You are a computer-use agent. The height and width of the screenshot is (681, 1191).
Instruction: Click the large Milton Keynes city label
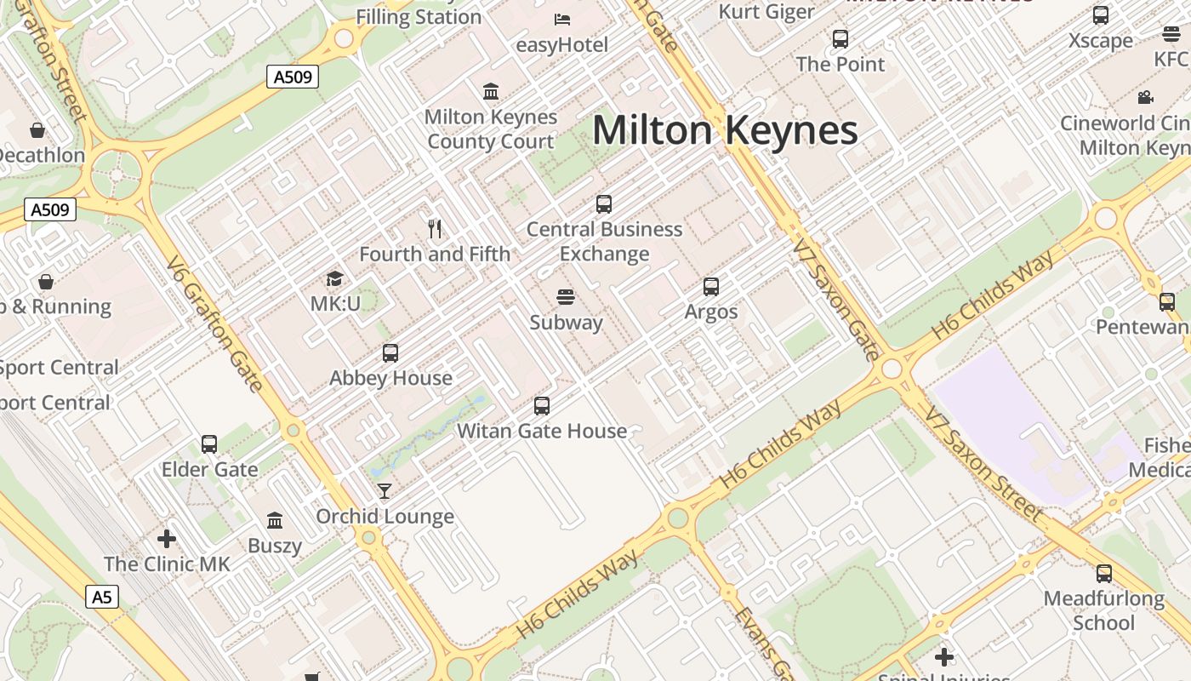point(725,131)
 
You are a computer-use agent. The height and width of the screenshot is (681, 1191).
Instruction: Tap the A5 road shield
point(101,597)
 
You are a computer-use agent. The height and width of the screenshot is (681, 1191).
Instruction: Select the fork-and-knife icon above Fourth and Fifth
point(435,228)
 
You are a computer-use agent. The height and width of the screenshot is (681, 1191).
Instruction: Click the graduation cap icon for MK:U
point(335,279)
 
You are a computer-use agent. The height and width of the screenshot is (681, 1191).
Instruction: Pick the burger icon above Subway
point(566,296)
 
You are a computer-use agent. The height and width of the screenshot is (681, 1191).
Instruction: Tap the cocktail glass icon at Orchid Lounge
point(385,490)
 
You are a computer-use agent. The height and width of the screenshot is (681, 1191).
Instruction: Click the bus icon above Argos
point(711,287)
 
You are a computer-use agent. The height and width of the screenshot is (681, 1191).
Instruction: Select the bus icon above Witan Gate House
point(542,406)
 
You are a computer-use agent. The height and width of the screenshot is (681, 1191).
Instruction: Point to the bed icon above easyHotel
point(562,19)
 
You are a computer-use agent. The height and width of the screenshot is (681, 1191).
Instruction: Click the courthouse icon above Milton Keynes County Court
point(491,91)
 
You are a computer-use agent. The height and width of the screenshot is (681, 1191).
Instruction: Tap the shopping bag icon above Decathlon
point(37,130)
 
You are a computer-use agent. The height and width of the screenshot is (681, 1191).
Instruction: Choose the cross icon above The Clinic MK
point(167,539)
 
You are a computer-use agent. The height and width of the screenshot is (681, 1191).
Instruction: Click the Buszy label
point(275,546)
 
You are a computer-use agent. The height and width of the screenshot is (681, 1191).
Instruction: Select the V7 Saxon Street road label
point(984,464)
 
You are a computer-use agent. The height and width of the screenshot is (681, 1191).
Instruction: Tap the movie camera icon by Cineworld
point(1146,97)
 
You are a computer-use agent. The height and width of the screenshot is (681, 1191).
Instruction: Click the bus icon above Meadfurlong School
point(1104,574)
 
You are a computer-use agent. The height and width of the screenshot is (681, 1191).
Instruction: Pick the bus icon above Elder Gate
point(209,444)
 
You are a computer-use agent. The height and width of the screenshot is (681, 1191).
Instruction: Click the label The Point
point(841,64)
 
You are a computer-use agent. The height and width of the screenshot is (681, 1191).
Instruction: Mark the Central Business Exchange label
point(604,242)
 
